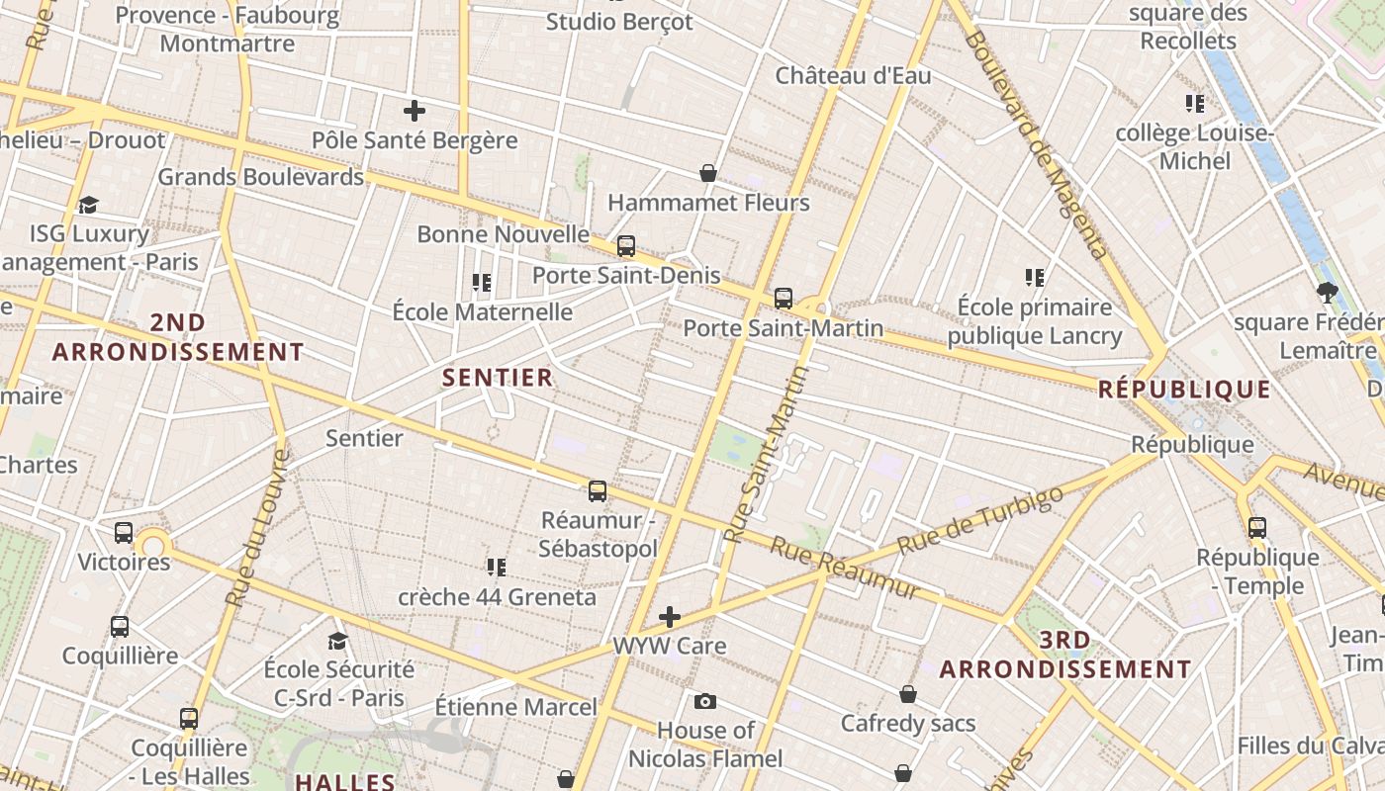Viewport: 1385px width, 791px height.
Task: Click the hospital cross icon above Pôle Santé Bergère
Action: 415,111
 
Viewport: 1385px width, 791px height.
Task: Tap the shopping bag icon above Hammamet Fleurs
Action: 708,174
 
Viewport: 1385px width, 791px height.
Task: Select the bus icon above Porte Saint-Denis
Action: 625,246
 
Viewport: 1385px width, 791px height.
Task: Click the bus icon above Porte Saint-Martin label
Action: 784,298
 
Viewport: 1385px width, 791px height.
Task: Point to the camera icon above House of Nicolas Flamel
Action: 704,702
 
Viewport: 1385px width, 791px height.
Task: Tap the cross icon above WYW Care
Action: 670,618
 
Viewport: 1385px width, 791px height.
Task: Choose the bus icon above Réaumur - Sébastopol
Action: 598,491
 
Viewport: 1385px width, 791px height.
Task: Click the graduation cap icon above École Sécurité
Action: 337,641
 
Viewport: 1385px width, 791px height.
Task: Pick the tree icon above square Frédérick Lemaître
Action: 1327,293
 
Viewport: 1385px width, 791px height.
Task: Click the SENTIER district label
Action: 498,377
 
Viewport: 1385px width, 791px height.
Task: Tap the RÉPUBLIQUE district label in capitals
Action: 1184,390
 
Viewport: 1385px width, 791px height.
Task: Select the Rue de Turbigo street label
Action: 980,521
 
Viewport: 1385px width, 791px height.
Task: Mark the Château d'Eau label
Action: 853,76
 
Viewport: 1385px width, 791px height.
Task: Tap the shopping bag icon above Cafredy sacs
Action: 908,695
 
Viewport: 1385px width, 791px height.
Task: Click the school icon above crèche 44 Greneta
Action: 497,568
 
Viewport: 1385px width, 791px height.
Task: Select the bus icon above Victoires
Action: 124,533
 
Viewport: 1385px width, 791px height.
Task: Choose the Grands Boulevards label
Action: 261,177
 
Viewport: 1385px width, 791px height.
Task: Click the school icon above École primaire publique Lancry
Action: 1035,278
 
